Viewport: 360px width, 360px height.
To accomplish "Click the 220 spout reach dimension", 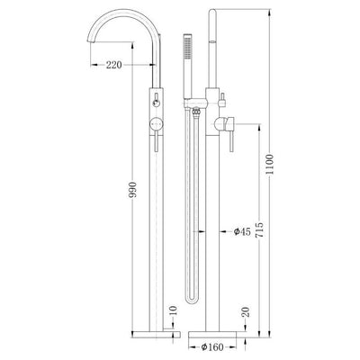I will [x=114, y=65].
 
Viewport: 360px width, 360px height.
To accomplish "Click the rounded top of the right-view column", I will [x=214, y=13].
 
